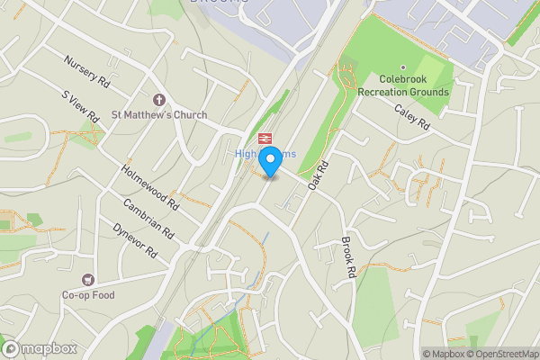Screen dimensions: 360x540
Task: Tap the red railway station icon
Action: pyautogui.click(x=265, y=138)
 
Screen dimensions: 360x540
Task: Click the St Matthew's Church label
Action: pyautogui.click(x=158, y=115)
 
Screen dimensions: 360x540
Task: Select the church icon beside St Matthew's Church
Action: pyautogui.click(x=158, y=99)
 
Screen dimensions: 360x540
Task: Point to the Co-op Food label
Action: pyautogui.click(x=88, y=294)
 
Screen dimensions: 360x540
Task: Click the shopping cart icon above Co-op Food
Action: pyautogui.click(x=88, y=280)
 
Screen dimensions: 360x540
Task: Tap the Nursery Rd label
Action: pyautogui.click(x=85, y=72)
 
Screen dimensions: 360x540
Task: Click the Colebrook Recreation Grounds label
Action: pyautogui.click(x=402, y=85)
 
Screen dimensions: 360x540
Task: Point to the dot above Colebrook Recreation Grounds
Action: pyautogui.click(x=402, y=67)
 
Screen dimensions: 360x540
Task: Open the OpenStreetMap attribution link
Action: pyautogui.click(x=500, y=354)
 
